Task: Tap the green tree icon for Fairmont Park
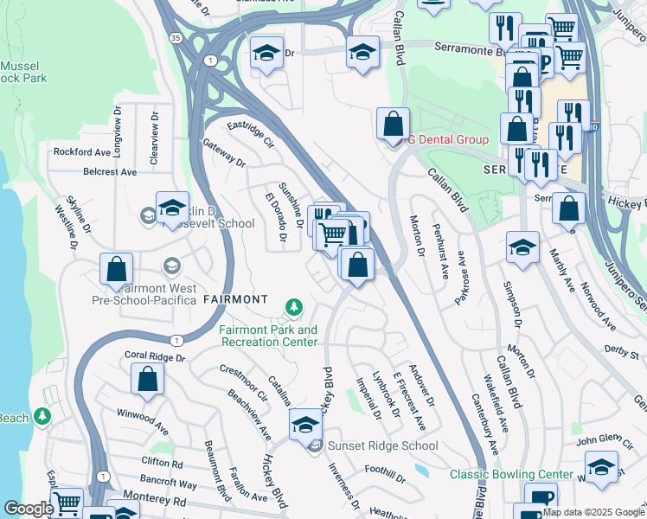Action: (x=294, y=306)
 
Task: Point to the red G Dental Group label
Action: (x=448, y=139)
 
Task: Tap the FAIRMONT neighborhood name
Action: (x=234, y=299)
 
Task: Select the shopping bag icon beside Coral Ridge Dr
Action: (x=148, y=378)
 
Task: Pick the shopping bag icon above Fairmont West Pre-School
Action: (x=116, y=269)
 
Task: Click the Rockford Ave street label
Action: (x=82, y=152)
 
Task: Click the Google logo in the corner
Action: (x=28, y=509)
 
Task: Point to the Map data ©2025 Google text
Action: (x=593, y=512)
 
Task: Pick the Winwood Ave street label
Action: (x=143, y=420)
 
